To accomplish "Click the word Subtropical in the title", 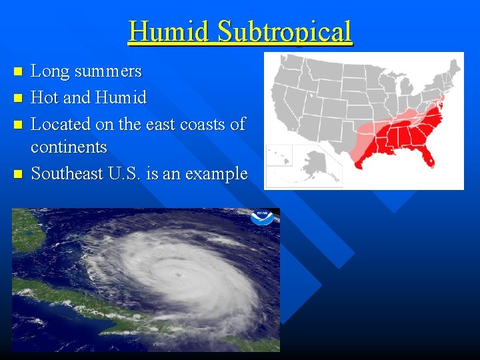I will click(x=285, y=31).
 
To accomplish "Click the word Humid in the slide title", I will click(x=170, y=31).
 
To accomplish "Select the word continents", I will click(x=69, y=146).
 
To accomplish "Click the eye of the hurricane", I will click(x=179, y=274).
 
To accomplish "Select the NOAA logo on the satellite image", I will click(x=262, y=217).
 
